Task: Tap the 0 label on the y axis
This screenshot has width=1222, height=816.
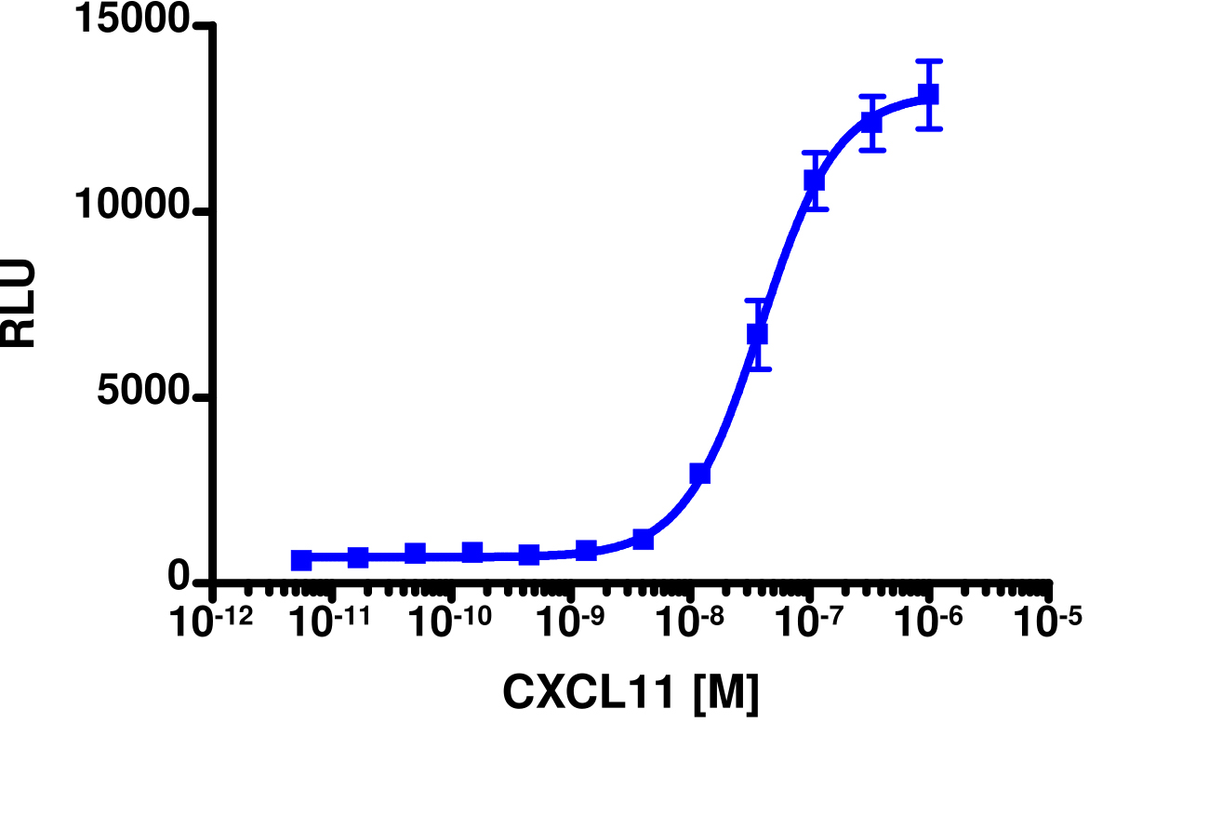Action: [179, 579]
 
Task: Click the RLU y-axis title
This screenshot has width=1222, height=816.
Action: [20, 303]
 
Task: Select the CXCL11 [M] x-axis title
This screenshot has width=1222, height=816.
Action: [631, 692]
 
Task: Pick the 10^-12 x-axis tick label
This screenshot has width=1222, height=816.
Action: [213, 621]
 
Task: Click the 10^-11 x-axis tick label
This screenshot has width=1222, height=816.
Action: [332, 621]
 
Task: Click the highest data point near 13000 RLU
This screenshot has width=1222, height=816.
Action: [928, 94]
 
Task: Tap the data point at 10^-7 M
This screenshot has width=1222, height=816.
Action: [815, 181]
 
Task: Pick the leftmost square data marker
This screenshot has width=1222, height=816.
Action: [301, 560]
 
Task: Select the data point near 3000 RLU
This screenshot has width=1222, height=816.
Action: [700, 474]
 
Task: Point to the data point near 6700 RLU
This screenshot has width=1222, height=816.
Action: [757, 333]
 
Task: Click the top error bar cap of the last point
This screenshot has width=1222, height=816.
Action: [928, 61]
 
